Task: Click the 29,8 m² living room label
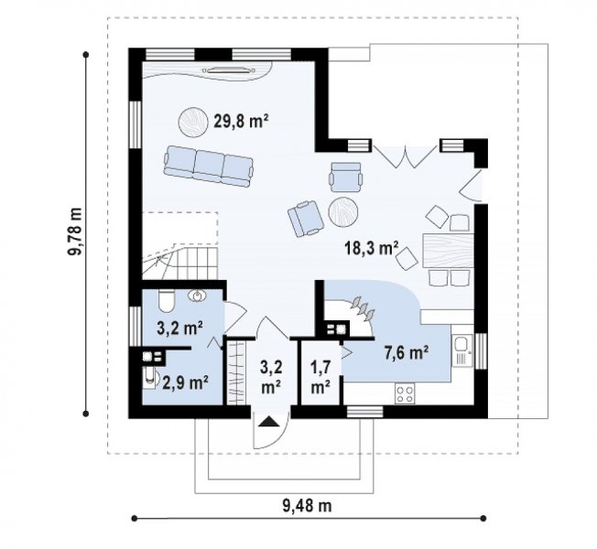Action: point(241,122)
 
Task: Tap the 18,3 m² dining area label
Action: point(371,249)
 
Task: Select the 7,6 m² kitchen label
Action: point(407,352)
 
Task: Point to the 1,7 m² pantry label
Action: point(320,377)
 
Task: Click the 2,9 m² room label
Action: point(186,382)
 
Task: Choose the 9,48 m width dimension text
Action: point(308,506)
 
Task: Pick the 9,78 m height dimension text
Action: point(76,231)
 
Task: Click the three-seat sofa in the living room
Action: point(208,167)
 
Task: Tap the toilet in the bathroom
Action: point(166,301)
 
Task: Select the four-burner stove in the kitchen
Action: point(405,394)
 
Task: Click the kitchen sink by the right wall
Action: point(461,350)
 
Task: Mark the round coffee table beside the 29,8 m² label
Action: point(193,122)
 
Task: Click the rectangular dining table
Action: point(448,251)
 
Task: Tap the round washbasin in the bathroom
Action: point(197,296)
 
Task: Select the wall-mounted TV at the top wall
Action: point(229,70)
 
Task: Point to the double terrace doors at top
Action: point(405,156)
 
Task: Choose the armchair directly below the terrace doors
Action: point(346,177)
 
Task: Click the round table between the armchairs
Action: point(343,212)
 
